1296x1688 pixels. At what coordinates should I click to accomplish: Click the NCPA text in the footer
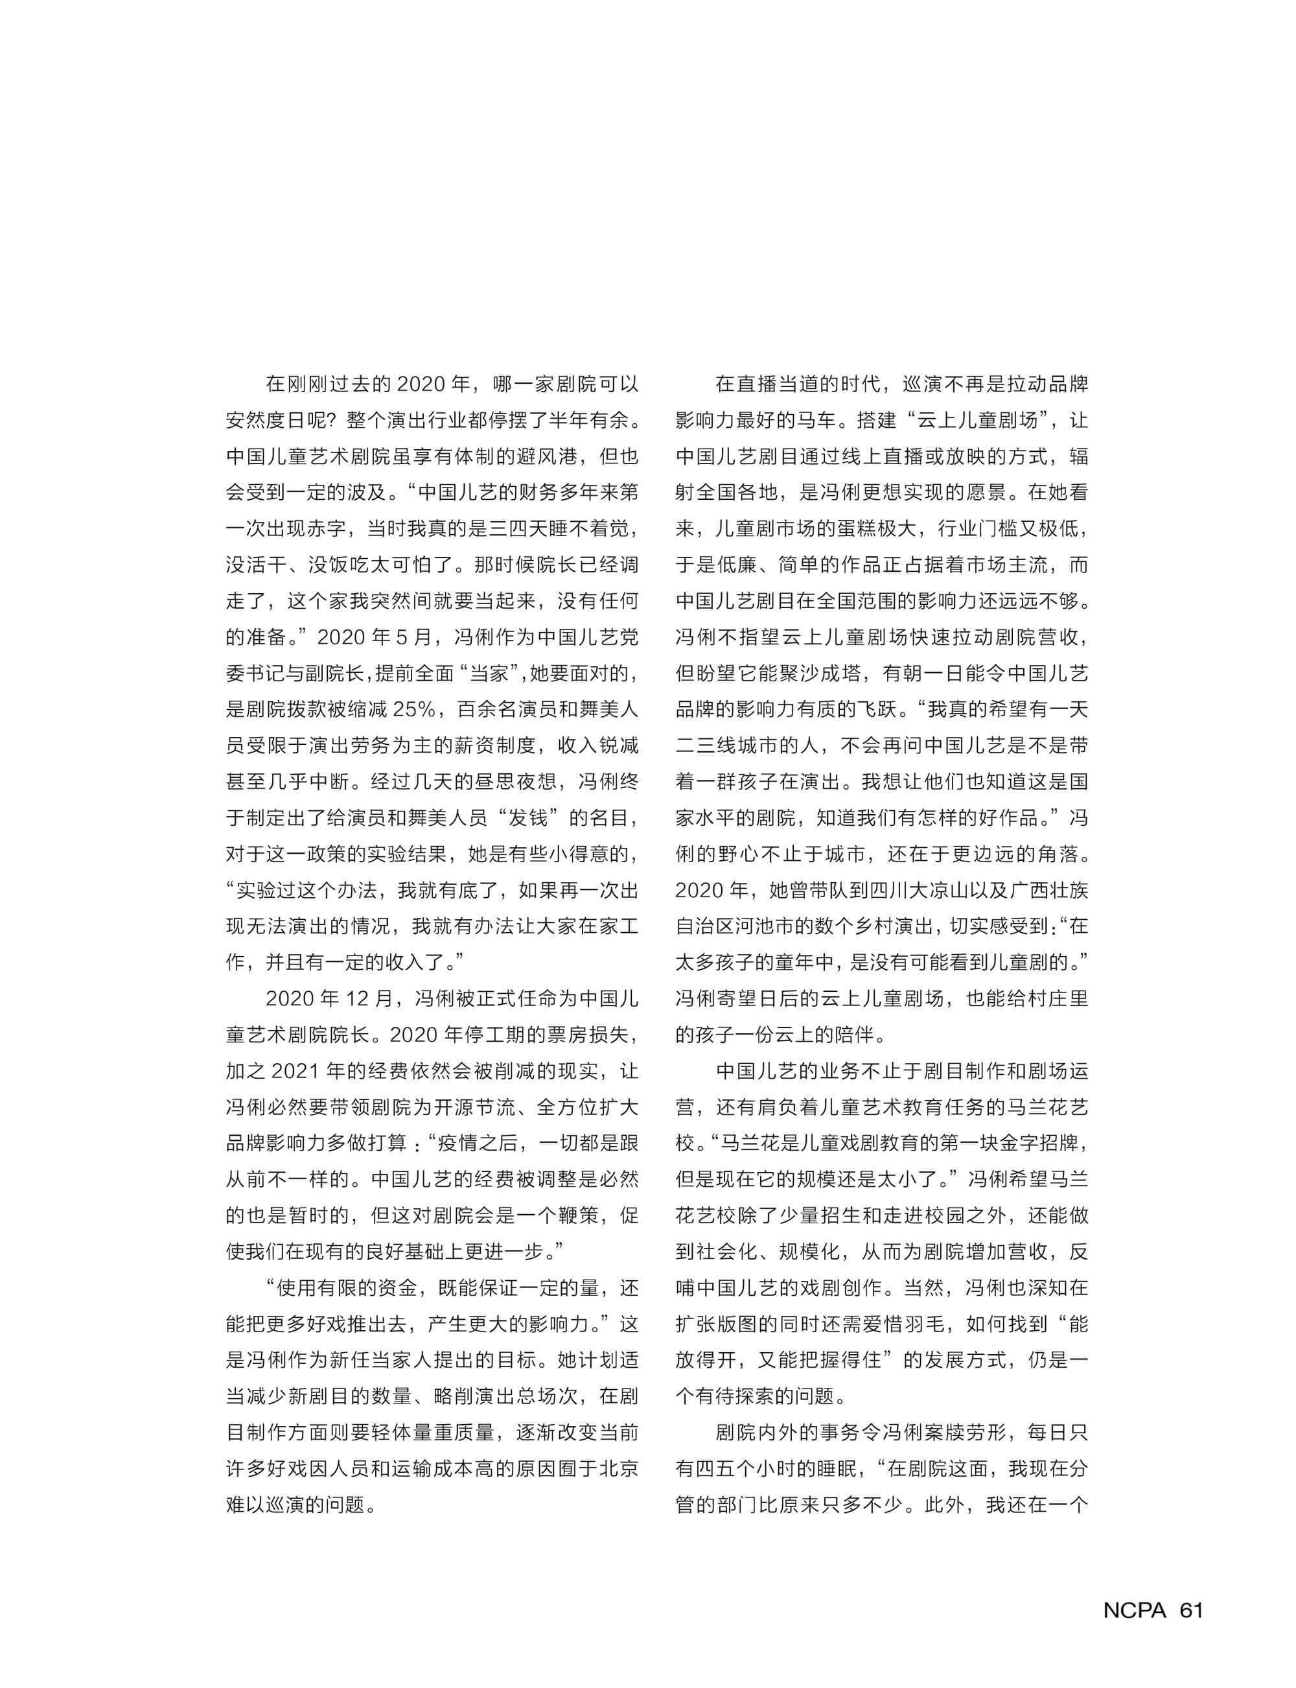(x=1134, y=1611)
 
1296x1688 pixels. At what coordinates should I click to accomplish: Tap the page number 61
(x=1191, y=1611)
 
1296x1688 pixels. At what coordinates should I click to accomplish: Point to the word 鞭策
(x=578, y=1216)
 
